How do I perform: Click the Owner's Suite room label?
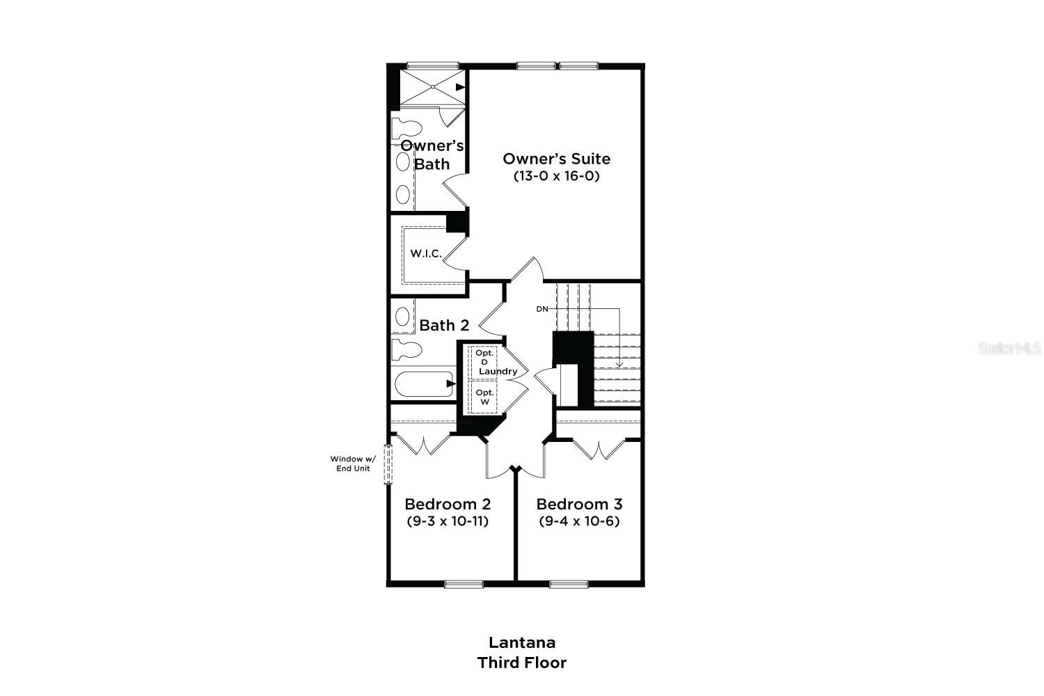(x=556, y=159)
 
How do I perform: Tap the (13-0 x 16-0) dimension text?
(x=556, y=176)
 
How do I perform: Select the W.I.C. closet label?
(x=425, y=253)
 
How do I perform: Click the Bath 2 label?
(x=444, y=325)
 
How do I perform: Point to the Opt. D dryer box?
(x=484, y=358)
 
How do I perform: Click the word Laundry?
(x=498, y=371)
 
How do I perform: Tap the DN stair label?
(x=542, y=308)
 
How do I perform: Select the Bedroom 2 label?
(x=448, y=504)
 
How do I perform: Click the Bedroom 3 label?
(x=579, y=504)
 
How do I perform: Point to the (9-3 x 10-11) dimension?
(x=448, y=521)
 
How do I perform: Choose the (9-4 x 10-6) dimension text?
(x=579, y=521)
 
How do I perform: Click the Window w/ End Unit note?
(x=352, y=464)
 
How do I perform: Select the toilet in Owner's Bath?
(x=406, y=129)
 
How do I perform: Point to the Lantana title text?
(x=521, y=642)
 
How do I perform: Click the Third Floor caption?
(x=521, y=663)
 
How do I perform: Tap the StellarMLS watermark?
(x=1009, y=348)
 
